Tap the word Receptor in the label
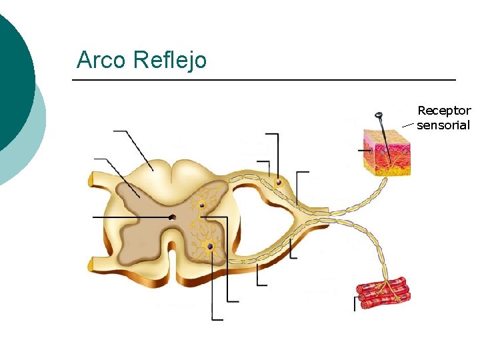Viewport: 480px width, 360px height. point(443,111)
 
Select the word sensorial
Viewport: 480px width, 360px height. point(443,125)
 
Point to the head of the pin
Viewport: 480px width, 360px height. point(379,116)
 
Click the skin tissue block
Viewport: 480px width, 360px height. point(387,152)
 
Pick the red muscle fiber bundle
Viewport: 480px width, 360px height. point(383,294)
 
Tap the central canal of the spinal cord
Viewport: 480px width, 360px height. point(173,217)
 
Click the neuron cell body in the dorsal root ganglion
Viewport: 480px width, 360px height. point(279,182)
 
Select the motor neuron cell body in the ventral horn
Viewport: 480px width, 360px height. point(210,246)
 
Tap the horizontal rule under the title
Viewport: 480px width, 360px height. point(263,80)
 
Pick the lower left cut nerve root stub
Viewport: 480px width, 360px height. point(92,265)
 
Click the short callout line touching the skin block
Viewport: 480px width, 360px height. point(365,151)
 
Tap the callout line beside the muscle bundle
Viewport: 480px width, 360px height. point(355,303)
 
